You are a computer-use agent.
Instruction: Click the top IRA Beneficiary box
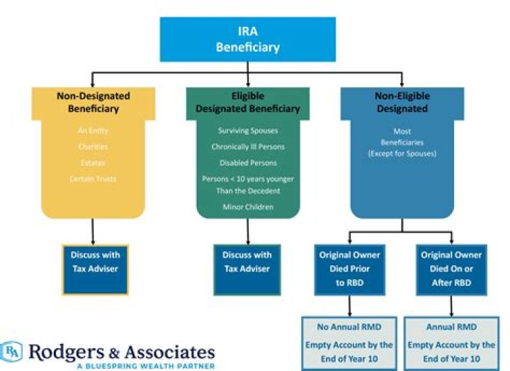249,40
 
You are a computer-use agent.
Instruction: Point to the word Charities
93,147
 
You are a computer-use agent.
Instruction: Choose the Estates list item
93,162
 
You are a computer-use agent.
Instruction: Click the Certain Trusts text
93,179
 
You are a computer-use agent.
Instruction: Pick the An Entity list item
93,131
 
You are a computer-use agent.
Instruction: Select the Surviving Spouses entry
248,131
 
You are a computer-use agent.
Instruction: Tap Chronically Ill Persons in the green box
248,147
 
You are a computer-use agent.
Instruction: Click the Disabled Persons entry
248,162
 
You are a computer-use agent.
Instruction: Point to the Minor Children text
248,207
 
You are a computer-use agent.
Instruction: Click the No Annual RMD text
351,328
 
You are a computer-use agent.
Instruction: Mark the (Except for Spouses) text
402,154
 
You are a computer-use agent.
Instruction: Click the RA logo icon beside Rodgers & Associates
13,351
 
